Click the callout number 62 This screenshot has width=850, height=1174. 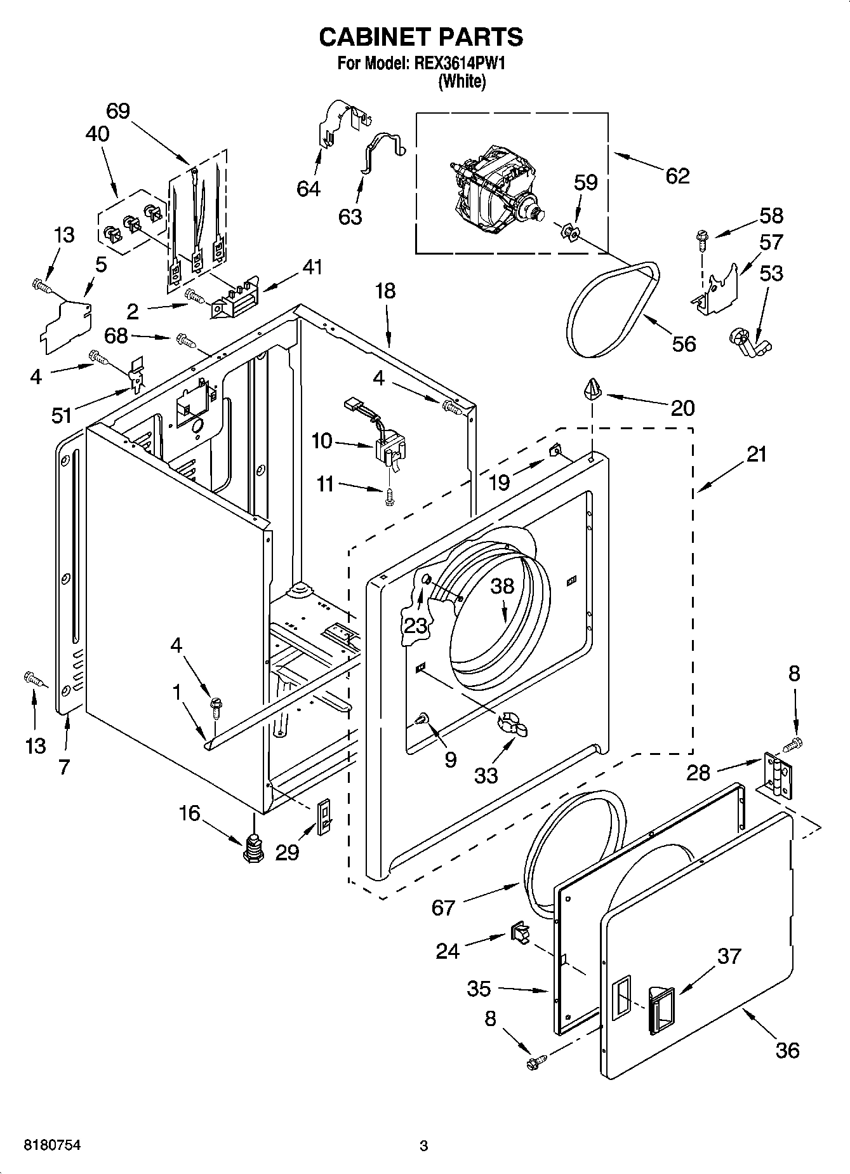pyautogui.click(x=677, y=175)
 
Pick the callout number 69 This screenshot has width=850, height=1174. pyautogui.click(x=118, y=111)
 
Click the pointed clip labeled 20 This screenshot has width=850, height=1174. pyautogui.click(x=592, y=388)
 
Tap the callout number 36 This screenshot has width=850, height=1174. pyautogui.click(x=787, y=1050)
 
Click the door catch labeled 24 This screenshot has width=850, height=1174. pyautogui.click(x=517, y=933)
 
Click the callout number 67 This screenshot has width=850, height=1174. pyautogui.click(x=443, y=908)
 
